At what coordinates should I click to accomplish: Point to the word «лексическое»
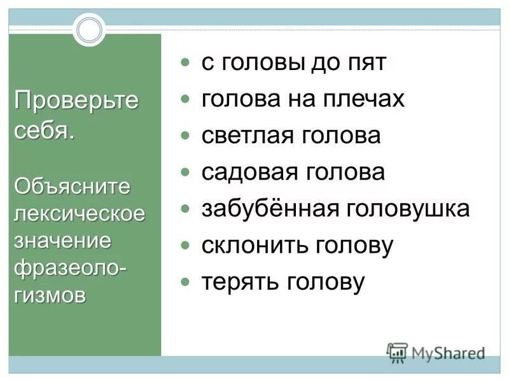[80, 213]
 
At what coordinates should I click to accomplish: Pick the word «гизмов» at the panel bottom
[50, 295]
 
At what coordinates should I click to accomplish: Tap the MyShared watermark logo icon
[397, 352]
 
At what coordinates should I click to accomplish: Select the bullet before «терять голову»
[185, 281]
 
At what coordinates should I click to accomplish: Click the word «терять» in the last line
[233, 282]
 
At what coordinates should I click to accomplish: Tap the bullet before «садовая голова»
[185, 173]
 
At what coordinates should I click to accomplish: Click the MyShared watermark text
[448, 352]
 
